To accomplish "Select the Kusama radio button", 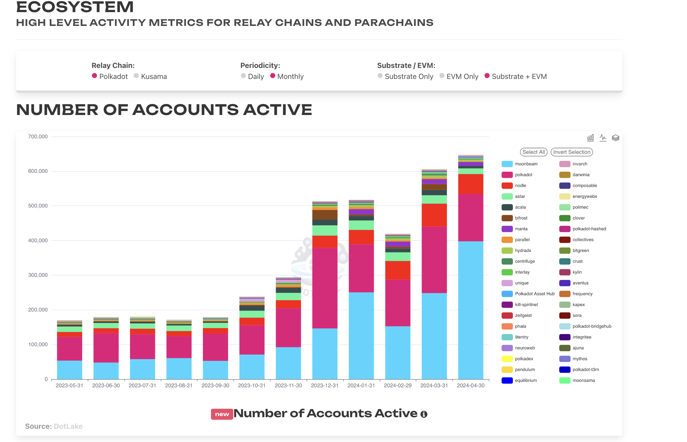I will click(x=136, y=76).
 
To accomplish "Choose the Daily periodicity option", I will click(x=243, y=76).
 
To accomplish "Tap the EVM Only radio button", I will click(x=442, y=76).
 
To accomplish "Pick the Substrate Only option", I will click(x=380, y=76).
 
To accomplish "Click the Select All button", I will click(x=533, y=152).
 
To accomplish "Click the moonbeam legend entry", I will click(x=526, y=164).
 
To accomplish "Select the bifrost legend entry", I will click(x=521, y=218).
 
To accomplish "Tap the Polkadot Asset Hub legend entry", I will click(x=534, y=294).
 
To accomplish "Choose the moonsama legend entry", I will click(x=583, y=381).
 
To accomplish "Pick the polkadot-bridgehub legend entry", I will click(x=591, y=326).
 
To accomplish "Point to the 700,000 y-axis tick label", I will click(x=38, y=137).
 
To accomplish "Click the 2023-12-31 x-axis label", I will click(x=325, y=385).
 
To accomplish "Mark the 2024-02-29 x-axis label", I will click(x=398, y=385).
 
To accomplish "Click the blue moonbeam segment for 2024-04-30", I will click(x=470, y=310).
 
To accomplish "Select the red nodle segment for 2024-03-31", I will click(x=434, y=215).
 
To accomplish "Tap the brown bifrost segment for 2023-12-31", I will click(x=325, y=215).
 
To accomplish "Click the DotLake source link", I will click(x=68, y=426).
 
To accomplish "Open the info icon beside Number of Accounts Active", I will click(x=424, y=414).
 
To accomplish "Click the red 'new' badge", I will click(x=222, y=414).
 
